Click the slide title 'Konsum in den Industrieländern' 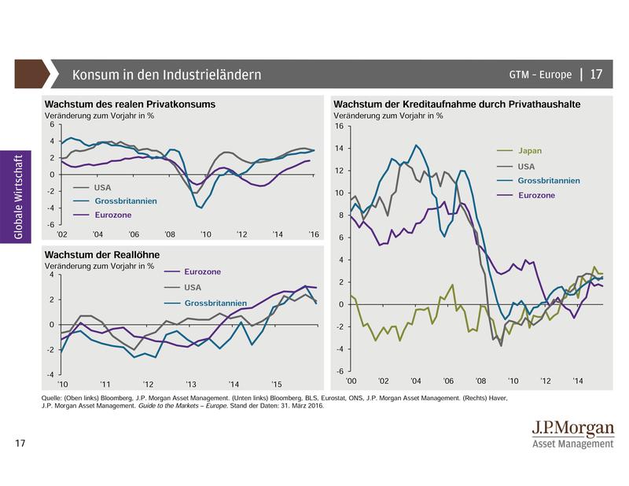(x=167, y=75)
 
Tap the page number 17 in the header (x=595, y=75)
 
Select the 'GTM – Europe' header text (x=540, y=75)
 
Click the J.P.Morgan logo (x=572, y=432)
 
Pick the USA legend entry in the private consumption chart (x=103, y=187)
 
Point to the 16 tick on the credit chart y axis (x=340, y=126)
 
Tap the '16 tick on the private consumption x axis (x=312, y=234)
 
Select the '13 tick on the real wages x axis (x=190, y=384)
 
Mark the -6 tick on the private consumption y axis (x=51, y=225)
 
